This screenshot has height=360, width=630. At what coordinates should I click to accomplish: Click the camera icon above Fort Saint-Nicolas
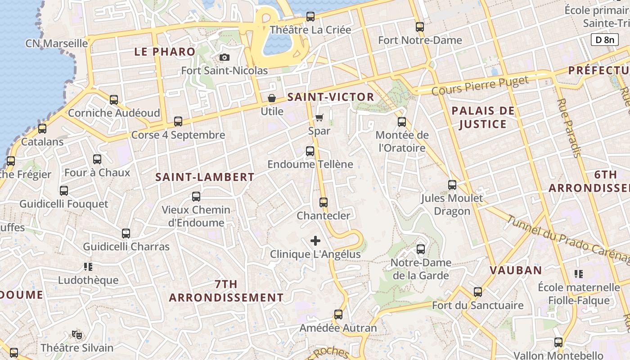click(224, 57)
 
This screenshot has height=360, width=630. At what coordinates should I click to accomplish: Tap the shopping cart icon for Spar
click(319, 117)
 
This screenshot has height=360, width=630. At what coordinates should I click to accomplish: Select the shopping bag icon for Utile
click(272, 98)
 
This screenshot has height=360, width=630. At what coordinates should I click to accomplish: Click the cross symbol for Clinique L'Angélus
click(315, 241)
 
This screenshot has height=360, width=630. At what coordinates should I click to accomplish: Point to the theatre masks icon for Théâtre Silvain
click(77, 334)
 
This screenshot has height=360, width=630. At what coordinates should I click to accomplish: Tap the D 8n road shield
click(604, 40)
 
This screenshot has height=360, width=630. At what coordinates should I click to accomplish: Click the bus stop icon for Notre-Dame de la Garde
click(421, 249)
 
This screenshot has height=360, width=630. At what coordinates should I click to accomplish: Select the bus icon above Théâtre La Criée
click(310, 17)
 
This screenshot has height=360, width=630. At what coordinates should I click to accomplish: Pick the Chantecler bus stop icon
click(323, 202)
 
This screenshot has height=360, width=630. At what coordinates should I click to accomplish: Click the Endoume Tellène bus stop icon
click(310, 151)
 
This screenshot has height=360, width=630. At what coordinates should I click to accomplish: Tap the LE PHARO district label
click(165, 52)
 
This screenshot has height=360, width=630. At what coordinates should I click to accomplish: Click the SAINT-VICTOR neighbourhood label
click(331, 97)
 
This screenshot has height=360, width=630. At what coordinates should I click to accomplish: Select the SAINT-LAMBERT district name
click(205, 177)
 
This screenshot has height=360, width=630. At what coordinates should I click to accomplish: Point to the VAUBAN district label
click(516, 270)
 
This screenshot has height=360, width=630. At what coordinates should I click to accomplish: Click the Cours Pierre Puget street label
click(480, 86)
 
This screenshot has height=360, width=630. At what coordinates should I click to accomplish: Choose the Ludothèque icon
click(88, 267)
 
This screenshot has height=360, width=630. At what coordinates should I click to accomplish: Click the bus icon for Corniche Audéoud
click(114, 99)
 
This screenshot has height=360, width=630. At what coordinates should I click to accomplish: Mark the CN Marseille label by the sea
click(57, 44)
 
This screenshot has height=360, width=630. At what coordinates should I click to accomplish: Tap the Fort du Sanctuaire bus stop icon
click(478, 292)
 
